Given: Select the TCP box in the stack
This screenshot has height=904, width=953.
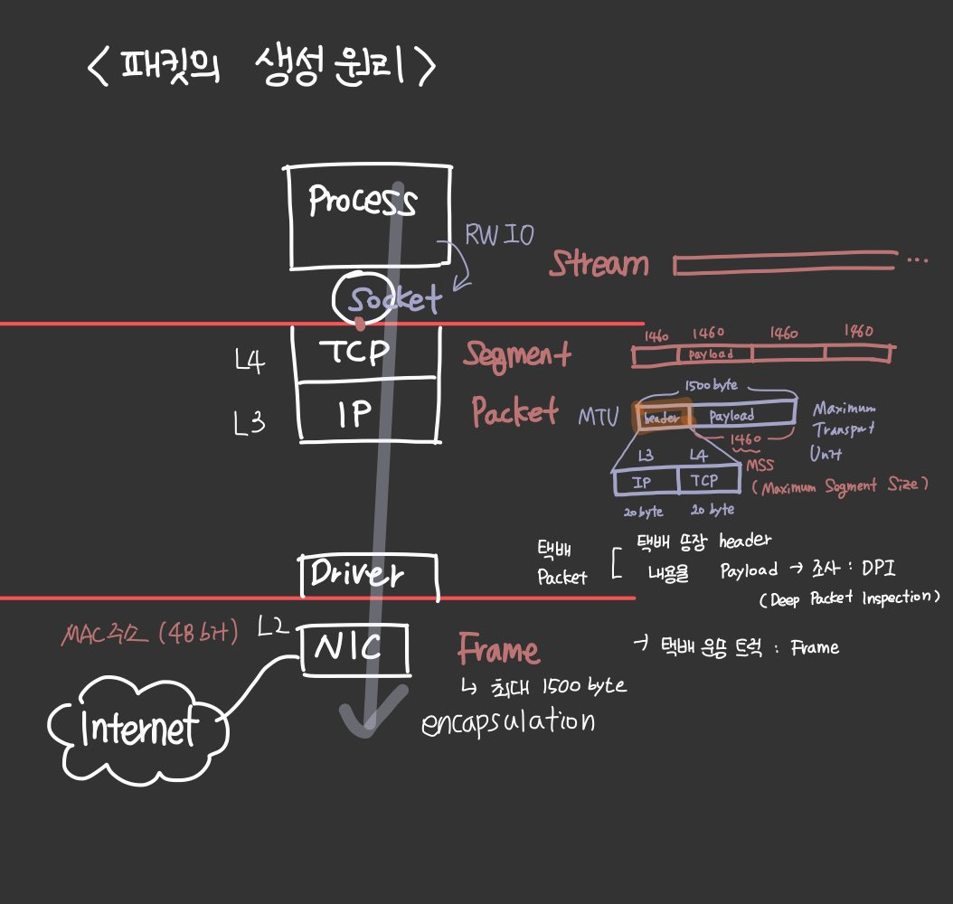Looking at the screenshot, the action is click(x=366, y=353).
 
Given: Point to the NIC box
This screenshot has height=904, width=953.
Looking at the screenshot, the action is click(x=354, y=648).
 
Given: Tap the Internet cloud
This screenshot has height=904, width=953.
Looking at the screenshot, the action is click(x=137, y=729).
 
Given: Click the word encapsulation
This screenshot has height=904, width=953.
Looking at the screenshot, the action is click(x=509, y=721).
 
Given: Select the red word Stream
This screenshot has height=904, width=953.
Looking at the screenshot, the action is click(x=599, y=264).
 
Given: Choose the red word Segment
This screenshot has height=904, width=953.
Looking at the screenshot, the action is click(x=517, y=354).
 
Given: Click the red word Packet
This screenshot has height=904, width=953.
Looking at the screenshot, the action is click(x=514, y=413).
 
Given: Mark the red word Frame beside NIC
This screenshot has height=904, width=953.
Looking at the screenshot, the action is click(x=498, y=650).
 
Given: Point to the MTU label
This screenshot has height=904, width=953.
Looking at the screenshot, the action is click(x=599, y=417).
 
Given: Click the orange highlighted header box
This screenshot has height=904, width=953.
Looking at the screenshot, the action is click(x=663, y=416).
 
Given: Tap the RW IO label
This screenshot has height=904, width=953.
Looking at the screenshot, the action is click(x=499, y=235).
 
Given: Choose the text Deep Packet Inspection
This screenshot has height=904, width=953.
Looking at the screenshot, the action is click(x=850, y=598).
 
